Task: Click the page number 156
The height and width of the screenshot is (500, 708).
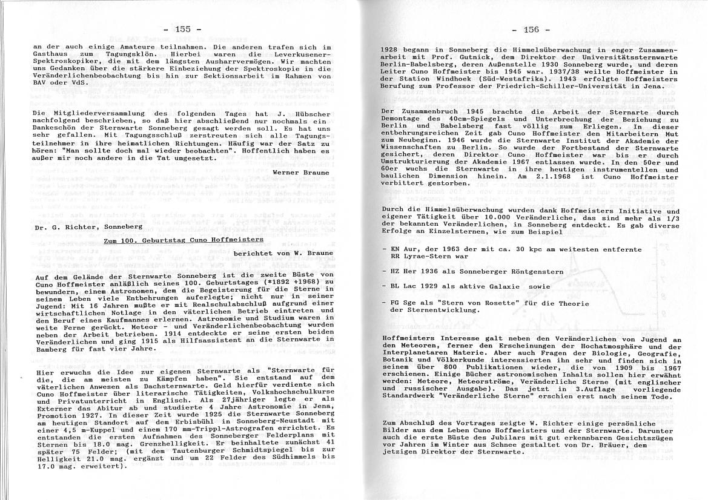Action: pos(531,28)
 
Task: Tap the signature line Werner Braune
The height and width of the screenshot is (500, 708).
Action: pos(302,172)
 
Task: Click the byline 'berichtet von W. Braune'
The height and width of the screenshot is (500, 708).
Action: pos(283,252)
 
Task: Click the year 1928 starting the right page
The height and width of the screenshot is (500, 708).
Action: pos(392,49)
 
